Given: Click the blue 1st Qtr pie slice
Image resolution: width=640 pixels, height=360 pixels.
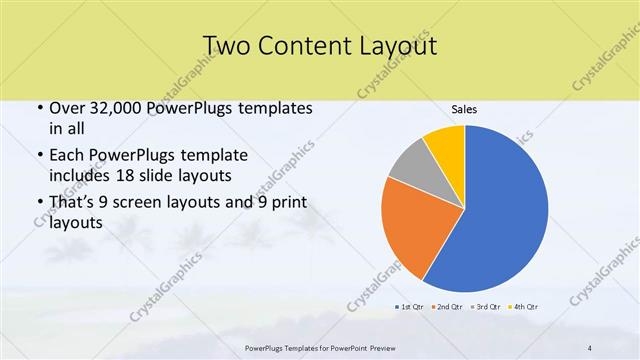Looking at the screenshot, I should (500, 210).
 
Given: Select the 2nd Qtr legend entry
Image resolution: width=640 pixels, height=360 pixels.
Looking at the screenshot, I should (448, 305).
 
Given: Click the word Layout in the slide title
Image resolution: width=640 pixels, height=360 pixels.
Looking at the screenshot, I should (394, 46).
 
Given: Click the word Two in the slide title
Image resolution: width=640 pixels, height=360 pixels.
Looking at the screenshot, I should (225, 46).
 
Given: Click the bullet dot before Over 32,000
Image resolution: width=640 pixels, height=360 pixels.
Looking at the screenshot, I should (38, 109).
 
